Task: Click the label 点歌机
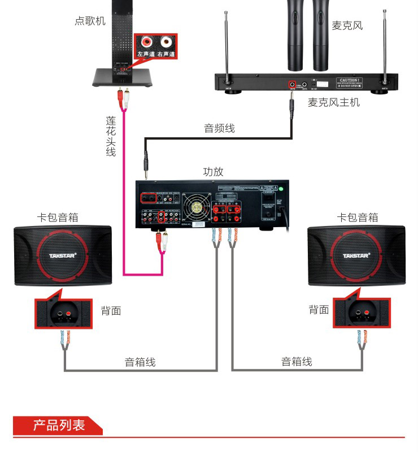pos(90,21)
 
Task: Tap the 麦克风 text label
pos(347,25)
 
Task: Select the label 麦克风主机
pos(333,103)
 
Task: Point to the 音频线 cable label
pos(219,128)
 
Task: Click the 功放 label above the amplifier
pos(213,171)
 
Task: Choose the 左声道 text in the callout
pos(146,54)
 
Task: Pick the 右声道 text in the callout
pos(166,54)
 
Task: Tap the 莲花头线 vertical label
pos(111,136)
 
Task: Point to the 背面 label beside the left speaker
pos(111,310)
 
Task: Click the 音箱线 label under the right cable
pos(297,362)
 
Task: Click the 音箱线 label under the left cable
pos(140,362)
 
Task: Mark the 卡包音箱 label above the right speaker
pos(357,217)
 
